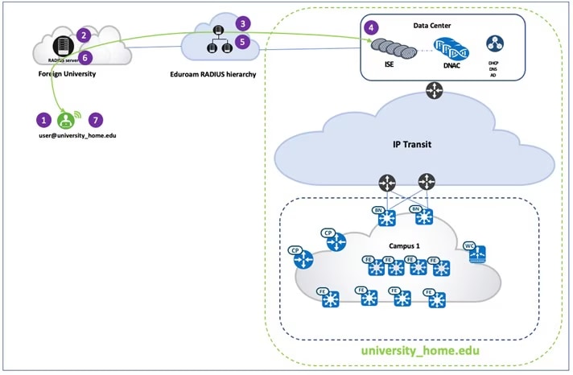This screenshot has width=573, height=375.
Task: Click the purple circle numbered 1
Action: pyautogui.click(x=43, y=119)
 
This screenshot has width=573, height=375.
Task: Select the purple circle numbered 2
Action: pyautogui.click(x=84, y=35)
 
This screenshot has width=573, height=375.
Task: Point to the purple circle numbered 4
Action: pyautogui.click(x=370, y=27)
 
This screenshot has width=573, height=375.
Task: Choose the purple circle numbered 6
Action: pyautogui.click(x=85, y=57)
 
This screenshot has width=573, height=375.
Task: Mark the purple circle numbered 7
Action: pyautogui.click(x=97, y=119)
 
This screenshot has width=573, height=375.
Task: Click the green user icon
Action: pyautogui.click(x=66, y=120)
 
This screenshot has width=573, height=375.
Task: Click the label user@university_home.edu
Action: pyautogui.click(x=70, y=138)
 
